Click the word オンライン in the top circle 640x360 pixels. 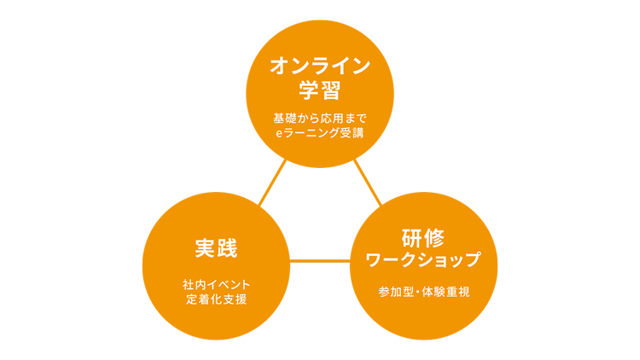point(320,65)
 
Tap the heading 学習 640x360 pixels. point(320,90)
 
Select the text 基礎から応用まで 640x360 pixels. point(320,118)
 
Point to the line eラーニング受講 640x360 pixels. point(320,133)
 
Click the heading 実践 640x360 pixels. point(215,249)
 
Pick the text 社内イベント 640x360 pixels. point(216,283)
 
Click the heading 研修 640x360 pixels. point(424,236)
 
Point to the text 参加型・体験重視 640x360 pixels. point(424,291)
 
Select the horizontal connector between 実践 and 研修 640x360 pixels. point(320,260)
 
